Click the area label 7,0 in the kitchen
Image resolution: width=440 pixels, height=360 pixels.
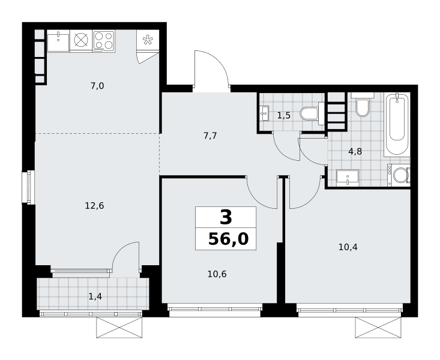pyautogui.click(x=97, y=86)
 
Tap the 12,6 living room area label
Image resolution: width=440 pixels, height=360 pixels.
pyautogui.click(x=95, y=206)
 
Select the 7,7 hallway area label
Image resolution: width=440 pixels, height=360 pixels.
pyautogui.click(x=210, y=136)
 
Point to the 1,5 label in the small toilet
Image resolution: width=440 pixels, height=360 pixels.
pyautogui.click(x=284, y=115)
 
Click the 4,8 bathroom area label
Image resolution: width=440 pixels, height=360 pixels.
pyautogui.click(x=355, y=152)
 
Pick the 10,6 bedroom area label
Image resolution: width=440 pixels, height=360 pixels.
pyautogui.click(x=217, y=274)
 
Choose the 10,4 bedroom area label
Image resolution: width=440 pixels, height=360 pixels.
pyautogui.click(x=348, y=247)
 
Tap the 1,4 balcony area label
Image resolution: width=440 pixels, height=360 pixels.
pyautogui.click(x=95, y=296)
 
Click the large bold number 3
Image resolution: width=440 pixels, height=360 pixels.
pyautogui.click(x=226, y=217)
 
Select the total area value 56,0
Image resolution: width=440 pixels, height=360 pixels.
pyautogui.click(x=229, y=239)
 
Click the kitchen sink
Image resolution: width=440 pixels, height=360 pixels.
pyautogui.click(x=58, y=41)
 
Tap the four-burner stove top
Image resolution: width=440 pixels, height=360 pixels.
pyautogui.click(x=104, y=41)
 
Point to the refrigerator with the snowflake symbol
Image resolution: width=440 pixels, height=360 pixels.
pyautogui.click(x=148, y=40)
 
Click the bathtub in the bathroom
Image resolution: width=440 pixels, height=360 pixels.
pyautogui.click(x=397, y=124)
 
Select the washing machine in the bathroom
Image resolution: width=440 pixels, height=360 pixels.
pyautogui.click(x=399, y=175)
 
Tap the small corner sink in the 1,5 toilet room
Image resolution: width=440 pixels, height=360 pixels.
pyautogui.click(x=264, y=113)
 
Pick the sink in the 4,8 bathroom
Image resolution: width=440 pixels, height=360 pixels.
pyautogui.click(x=348, y=178)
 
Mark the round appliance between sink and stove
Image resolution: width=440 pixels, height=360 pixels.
pyautogui.click(x=81, y=40)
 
